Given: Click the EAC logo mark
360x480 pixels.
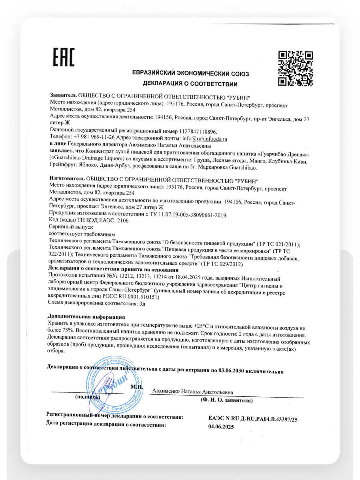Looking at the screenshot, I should click(x=64, y=57).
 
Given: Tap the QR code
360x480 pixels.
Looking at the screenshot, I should click(x=295, y=68).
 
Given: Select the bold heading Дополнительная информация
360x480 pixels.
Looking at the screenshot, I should click(x=86, y=317).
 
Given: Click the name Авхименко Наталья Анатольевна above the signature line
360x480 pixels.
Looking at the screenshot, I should click(x=193, y=392).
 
